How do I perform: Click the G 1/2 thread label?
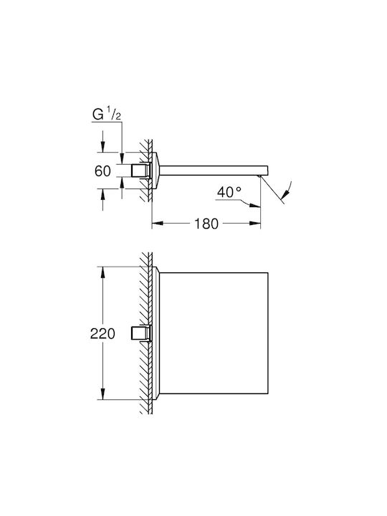point(106,115)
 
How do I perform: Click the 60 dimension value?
point(102,171)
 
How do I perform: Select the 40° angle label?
point(229,192)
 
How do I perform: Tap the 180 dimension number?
point(206,224)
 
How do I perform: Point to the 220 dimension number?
point(102,334)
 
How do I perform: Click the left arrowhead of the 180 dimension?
point(157,224)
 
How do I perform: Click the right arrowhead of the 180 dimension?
point(255,224)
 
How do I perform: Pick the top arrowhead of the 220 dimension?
point(102,272)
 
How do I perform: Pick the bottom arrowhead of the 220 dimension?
point(102,394)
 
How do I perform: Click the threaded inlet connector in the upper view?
point(141,171)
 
